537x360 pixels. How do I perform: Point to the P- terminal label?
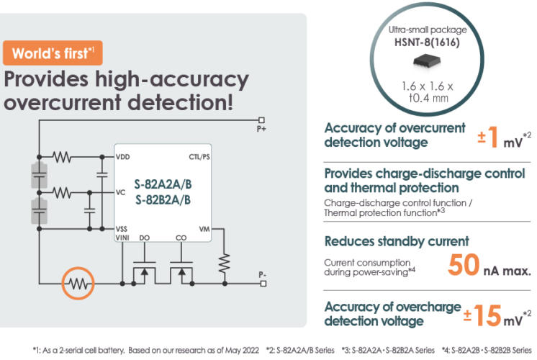(261, 274)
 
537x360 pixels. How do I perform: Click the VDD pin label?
(123, 156)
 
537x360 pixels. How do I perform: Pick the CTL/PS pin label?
(199, 156)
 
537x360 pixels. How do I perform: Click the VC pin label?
(121, 192)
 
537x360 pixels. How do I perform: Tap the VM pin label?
(204, 229)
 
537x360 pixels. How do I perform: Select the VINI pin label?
(124, 238)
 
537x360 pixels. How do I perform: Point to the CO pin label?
(181, 238)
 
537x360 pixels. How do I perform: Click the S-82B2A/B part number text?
(162, 199)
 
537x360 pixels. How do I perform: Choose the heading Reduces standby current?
(397, 241)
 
